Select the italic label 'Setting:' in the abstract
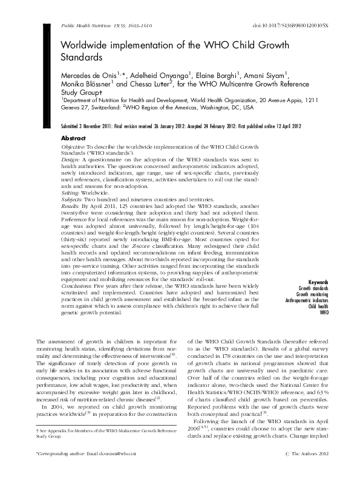click(x=72, y=192)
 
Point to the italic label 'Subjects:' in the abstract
click(x=73, y=199)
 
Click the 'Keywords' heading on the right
click(x=318, y=282)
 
